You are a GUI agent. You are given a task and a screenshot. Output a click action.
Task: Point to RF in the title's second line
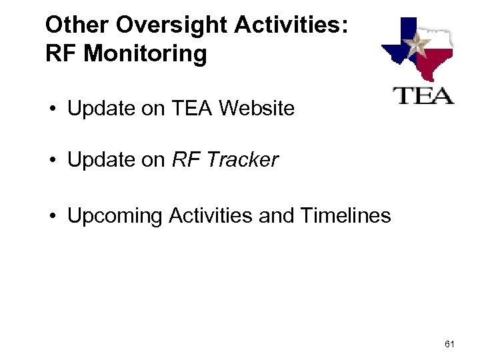click(x=59, y=54)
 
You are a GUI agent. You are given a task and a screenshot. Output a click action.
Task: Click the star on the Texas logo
click(x=419, y=46)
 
